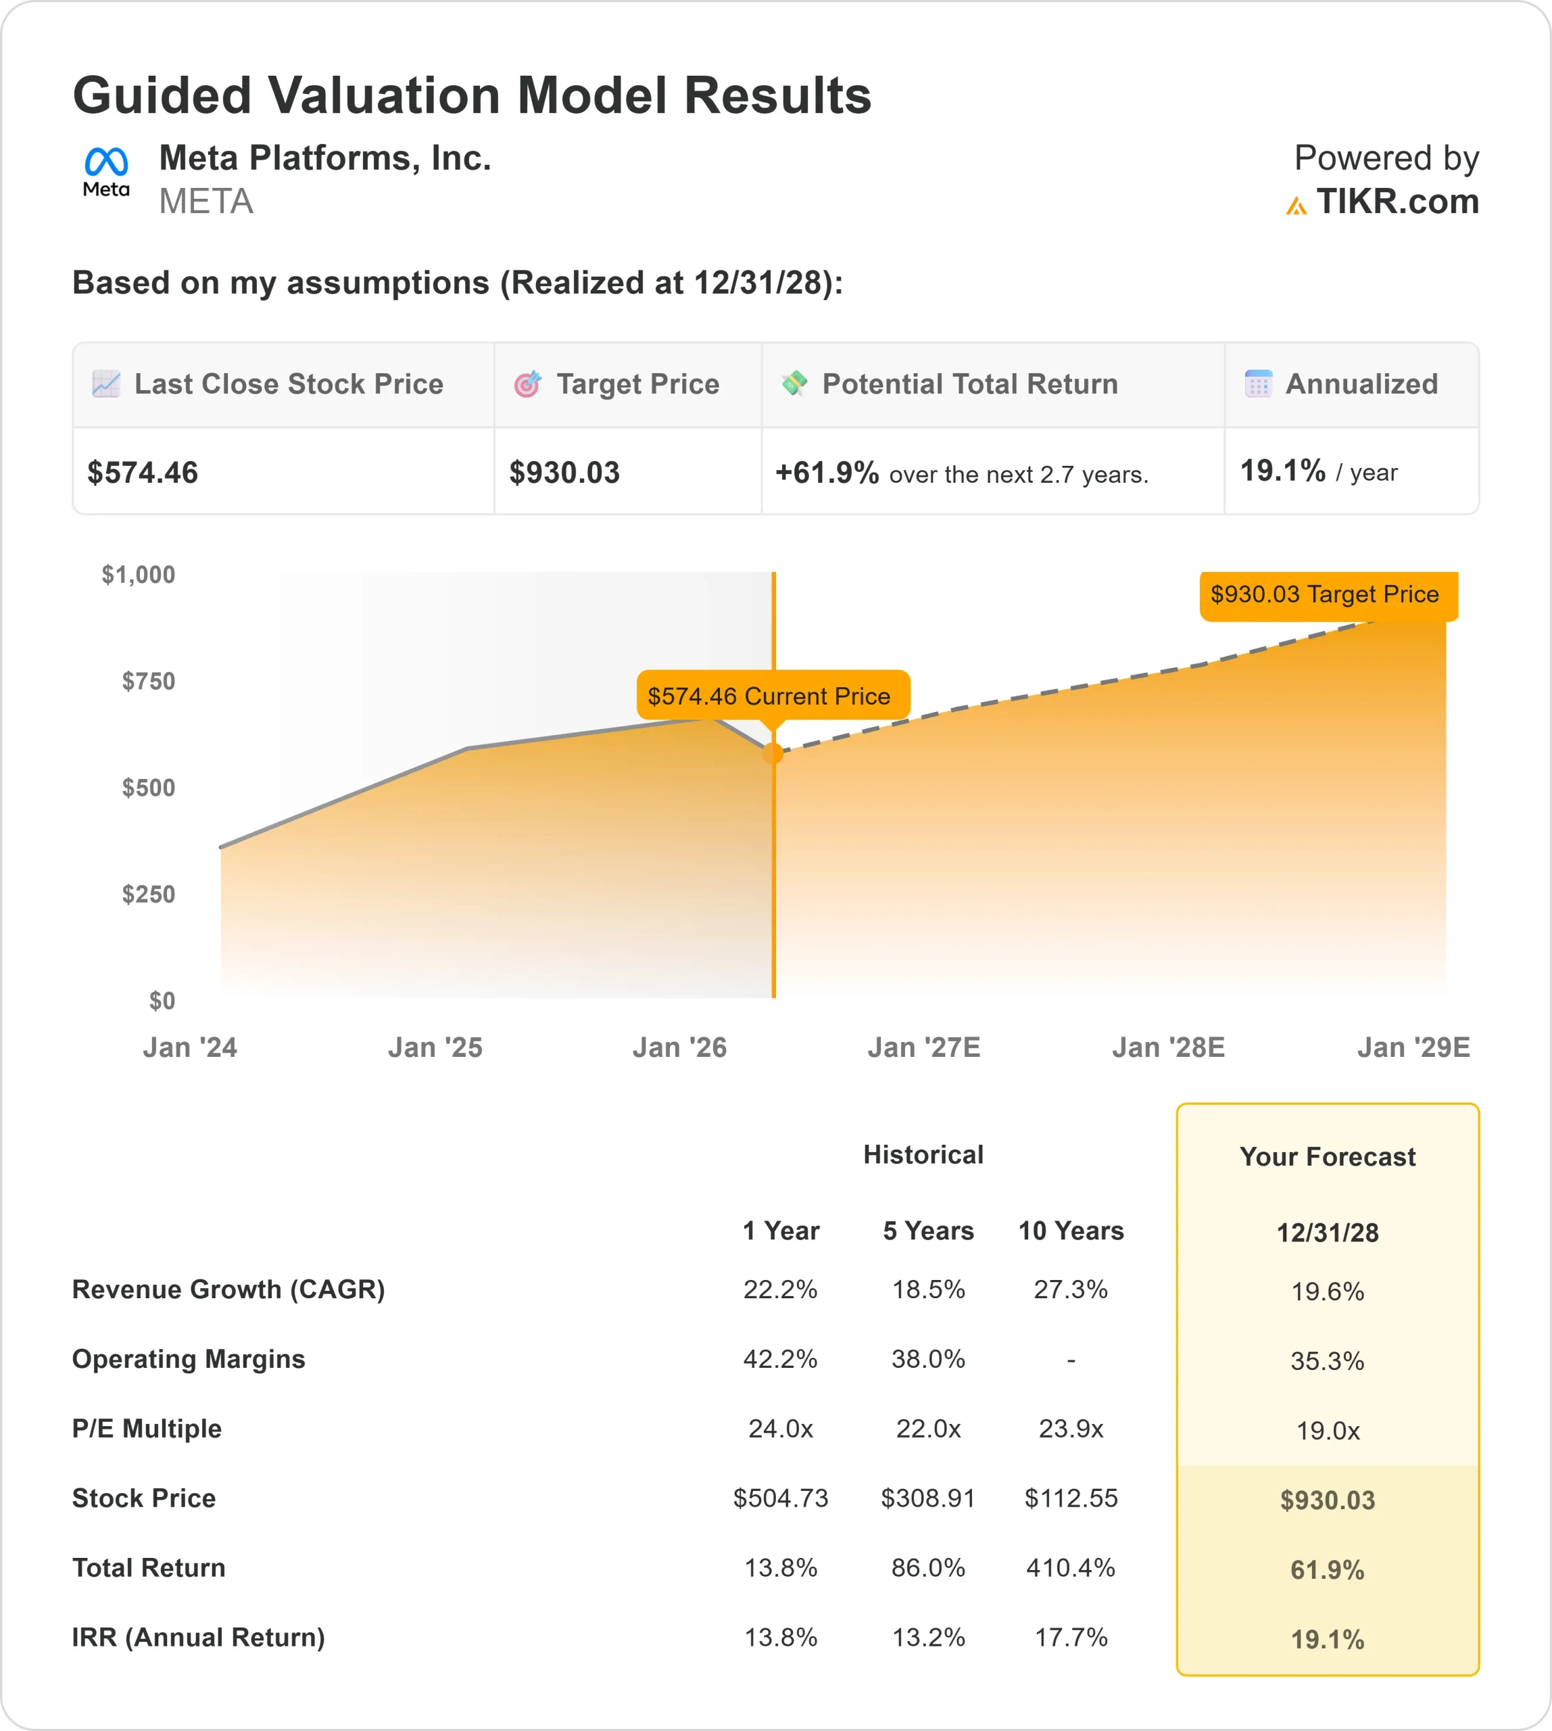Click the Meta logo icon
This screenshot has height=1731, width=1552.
point(105,170)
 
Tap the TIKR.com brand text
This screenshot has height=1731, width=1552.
point(1396,202)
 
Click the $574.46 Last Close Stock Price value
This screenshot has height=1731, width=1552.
point(143,473)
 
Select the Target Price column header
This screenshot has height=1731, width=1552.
point(637,384)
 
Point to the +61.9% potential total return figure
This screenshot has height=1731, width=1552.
point(826,473)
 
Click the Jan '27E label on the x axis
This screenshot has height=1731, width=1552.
point(923,1047)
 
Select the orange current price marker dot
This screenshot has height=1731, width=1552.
point(773,753)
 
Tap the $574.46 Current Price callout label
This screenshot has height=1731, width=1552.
point(769,696)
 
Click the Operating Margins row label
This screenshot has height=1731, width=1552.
point(189,1358)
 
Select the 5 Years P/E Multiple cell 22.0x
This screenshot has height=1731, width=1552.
point(928,1428)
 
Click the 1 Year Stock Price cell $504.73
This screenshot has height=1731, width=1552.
point(780,1498)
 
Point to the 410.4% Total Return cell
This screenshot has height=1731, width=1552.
point(1070,1567)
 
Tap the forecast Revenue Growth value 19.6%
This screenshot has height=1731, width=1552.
point(1327,1291)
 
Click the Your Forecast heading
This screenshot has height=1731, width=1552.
point(1327,1157)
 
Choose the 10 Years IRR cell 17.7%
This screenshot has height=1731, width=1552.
point(1070,1637)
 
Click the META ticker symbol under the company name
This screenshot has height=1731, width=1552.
point(205,202)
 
